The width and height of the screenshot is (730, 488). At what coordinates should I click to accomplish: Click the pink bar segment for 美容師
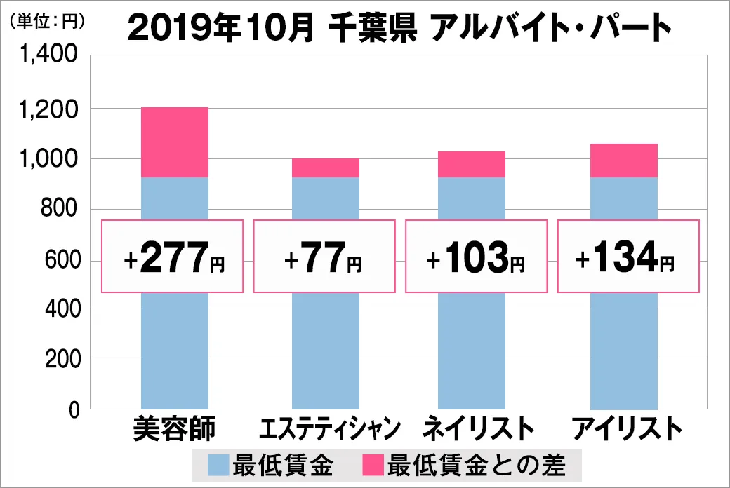(175, 142)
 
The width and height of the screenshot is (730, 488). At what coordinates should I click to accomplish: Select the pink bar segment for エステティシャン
(326, 168)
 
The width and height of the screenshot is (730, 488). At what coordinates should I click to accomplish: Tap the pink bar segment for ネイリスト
(472, 165)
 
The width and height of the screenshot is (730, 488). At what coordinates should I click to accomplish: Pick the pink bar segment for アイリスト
(623, 161)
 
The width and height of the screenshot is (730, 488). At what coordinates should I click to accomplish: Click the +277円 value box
(173, 257)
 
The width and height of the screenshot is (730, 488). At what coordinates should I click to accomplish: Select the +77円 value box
(324, 257)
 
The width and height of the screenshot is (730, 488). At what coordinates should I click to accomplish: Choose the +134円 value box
(628, 257)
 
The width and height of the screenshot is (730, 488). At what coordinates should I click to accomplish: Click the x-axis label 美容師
(175, 428)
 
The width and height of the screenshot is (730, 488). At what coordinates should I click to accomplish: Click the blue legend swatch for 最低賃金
(218, 466)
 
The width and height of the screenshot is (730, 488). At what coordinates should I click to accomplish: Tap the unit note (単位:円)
(46, 21)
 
